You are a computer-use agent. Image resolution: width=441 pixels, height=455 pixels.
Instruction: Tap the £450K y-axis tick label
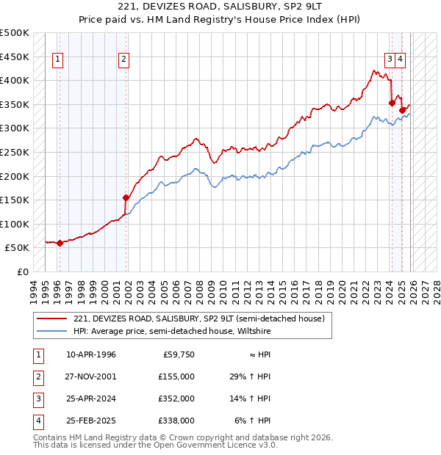(15, 57)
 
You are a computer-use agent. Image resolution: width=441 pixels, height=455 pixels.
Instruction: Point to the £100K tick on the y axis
(15, 224)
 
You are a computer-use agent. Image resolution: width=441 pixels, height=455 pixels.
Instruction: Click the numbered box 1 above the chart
(58, 60)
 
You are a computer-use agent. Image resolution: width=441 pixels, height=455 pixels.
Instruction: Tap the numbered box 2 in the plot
(124, 60)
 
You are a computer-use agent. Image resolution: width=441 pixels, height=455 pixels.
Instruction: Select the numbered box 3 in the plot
(389, 60)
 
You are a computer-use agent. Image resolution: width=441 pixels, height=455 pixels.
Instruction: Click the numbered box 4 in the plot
(401, 60)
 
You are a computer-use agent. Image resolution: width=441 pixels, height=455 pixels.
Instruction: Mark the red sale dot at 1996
(60, 244)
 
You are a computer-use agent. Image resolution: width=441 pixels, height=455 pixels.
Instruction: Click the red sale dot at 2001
(126, 197)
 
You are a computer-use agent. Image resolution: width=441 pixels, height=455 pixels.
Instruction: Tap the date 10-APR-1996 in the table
(90, 354)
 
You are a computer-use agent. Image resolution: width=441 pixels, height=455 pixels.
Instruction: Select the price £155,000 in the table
(176, 376)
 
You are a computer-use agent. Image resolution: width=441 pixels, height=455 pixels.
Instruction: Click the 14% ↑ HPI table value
(250, 398)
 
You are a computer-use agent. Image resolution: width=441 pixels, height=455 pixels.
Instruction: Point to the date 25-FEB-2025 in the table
(90, 421)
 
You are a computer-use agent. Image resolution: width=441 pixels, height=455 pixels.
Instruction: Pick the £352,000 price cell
(176, 398)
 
